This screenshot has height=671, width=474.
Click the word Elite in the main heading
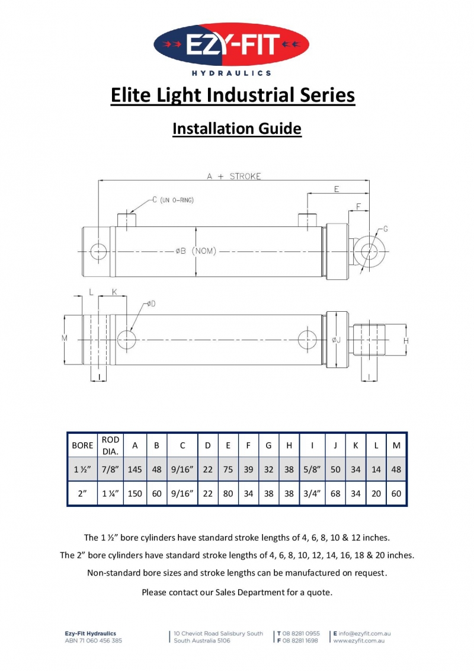tap(132, 95)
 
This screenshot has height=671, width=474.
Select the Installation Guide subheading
tap(237, 129)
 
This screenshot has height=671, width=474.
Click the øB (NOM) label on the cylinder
tap(196, 251)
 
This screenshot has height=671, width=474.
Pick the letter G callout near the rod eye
tap(386, 229)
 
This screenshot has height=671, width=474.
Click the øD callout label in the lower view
tap(152, 304)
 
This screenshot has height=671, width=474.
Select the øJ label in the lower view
tap(336, 340)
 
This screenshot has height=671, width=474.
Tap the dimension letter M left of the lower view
tap(64, 338)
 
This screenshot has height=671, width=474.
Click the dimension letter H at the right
tap(406, 340)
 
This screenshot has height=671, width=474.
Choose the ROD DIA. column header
tap(110, 445)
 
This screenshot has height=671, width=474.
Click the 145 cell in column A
tap(134, 469)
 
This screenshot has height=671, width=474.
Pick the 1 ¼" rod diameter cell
tap(110, 493)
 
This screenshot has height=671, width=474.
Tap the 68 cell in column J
tap(335, 493)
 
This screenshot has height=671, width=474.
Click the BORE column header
tap(82, 445)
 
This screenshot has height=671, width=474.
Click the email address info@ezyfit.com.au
tap(364, 634)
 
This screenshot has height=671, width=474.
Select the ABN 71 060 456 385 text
tap(93, 641)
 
